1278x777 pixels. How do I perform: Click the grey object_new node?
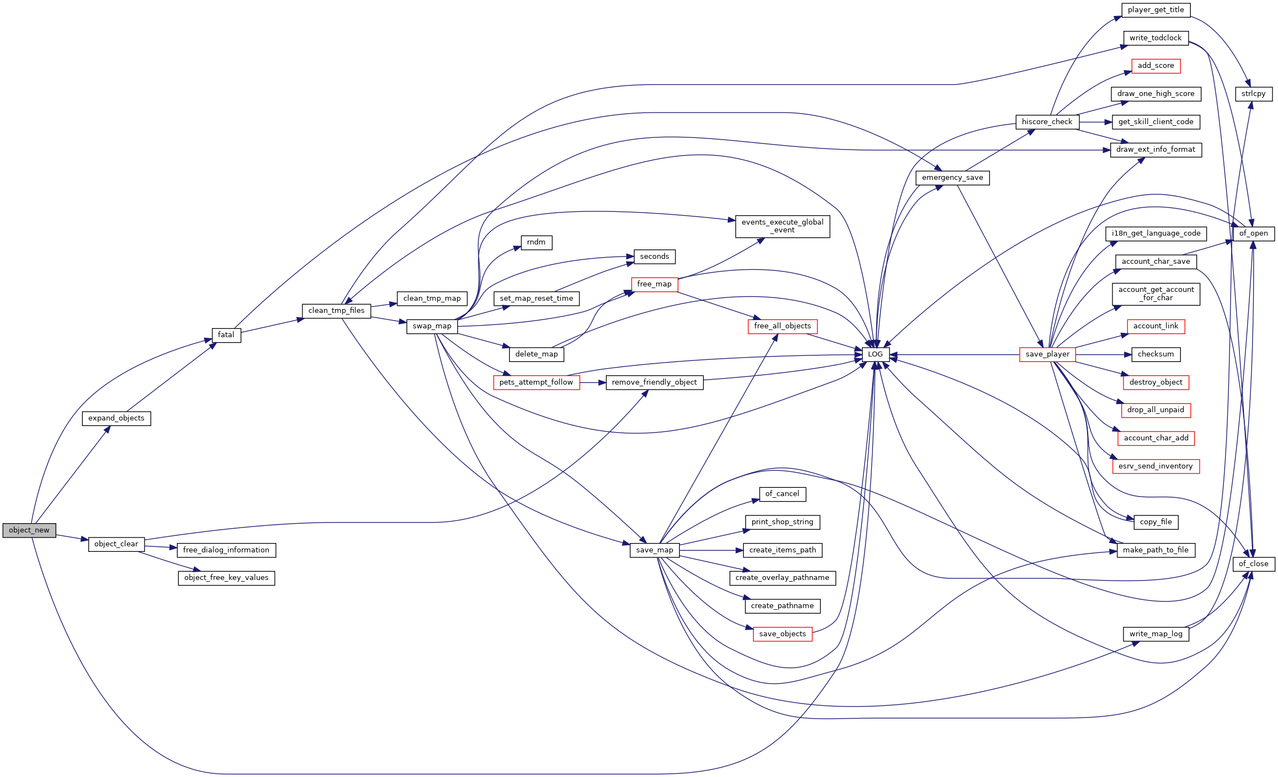pyautogui.click(x=29, y=530)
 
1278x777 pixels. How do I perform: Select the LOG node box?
pyautogui.click(x=876, y=354)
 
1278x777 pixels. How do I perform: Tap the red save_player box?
pyautogui.click(x=1047, y=354)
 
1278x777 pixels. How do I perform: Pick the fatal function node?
pyautogui.click(x=226, y=335)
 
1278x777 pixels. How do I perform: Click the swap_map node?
pyautogui.click(x=432, y=326)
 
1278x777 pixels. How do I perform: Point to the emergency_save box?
pyautogui.click(x=952, y=178)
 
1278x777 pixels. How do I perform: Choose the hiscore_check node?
pyautogui.click(x=1047, y=122)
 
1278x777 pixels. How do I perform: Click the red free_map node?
pyautogui.click(x=654, y=284)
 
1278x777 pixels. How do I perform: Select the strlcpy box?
pyautogui.click(x=1254, y=94)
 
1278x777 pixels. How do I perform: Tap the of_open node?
pyautogui.click(x=1254, y=233)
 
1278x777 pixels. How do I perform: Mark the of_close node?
pyautogui.click(x=1254, y=564)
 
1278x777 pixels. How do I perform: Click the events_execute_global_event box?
pyautogui.click(x=782, y=226)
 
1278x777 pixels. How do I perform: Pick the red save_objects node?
pyautogui.click(x=782, y=634)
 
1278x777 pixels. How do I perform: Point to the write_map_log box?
pyautogui.click(x=1156, y=634)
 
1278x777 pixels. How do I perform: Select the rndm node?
pyautogui.click(x=536, y=242)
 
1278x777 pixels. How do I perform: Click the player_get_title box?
pyautogui.click(x=1156, y=10)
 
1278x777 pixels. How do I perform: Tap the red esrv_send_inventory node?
pyautogui.click(x=1156, y=466)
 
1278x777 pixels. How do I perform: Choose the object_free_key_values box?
pyautogui.click(x=226, y=578)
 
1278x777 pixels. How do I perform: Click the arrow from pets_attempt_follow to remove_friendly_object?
pyautogui.click(x=593, y=382)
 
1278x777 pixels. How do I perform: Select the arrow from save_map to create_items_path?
pyautogui.click(x=711, y=550)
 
